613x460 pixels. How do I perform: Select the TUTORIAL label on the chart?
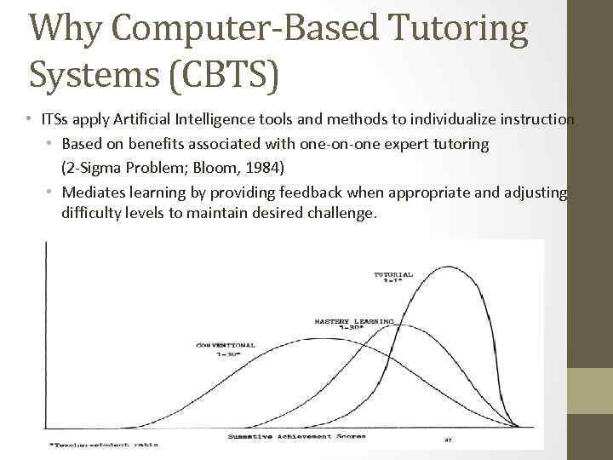[x=393, y=276]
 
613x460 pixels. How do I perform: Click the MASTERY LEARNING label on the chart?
[x=353, y=324]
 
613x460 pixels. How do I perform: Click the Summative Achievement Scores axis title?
[x=296, y=436]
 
